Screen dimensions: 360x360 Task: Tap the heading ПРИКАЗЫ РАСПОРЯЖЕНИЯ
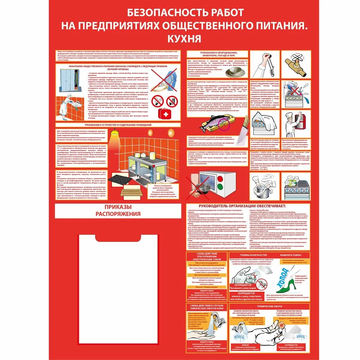point(118,210)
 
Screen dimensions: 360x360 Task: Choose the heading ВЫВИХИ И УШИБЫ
point(291,255)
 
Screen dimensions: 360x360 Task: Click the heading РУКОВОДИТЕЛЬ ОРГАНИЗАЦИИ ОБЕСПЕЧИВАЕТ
point(242,206)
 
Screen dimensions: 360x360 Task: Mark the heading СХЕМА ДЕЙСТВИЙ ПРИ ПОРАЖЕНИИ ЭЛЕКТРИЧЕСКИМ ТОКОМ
point(207,256)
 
